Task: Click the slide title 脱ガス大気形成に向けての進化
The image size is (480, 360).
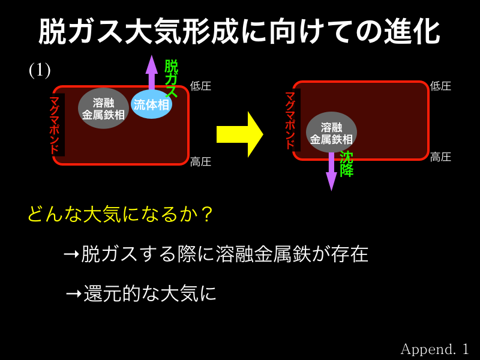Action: (x=239, y=32)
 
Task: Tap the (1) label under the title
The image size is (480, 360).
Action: (x=40, y=70)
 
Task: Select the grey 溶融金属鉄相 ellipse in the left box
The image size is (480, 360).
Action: (x=103, y=109)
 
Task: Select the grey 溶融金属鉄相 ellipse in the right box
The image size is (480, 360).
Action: (x=331, y=133)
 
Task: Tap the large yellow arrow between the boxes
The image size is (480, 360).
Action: (x=239, y=134)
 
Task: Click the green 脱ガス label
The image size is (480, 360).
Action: (x=171, y=79)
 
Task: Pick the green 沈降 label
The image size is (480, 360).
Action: (x=347, y=164)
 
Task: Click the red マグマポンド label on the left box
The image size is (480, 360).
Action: (x=56, y=125)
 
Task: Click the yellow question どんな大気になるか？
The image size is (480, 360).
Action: (x=121, y=214)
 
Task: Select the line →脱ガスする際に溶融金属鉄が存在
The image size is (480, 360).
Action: (x=215, y=254)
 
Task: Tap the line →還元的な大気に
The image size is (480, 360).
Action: (x=141, y=293)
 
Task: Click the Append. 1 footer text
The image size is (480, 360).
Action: (x=434, y=349)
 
